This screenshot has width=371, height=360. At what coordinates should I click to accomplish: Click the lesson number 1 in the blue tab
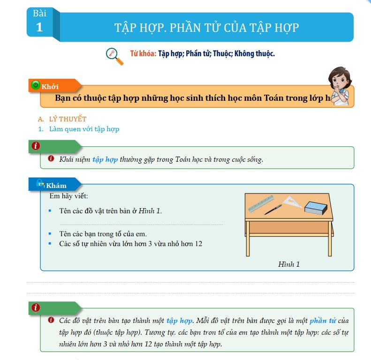point(39,28)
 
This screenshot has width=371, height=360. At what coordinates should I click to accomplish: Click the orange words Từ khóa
point(143,53)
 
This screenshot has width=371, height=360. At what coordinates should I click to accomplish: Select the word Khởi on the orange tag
point(50,87)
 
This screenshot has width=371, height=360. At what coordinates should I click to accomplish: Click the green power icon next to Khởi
point(35,85)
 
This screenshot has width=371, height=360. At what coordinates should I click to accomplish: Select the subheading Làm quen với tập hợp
point(84,129)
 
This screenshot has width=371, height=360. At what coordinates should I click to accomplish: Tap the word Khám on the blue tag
point(56,186)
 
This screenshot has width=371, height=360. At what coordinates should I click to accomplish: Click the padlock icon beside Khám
point(40,183)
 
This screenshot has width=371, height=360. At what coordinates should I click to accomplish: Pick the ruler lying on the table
point(262,202)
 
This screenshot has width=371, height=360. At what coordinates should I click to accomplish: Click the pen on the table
point(273,210)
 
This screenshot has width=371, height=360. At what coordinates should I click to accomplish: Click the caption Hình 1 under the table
point(288,264)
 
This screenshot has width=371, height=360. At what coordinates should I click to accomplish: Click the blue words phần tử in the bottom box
point(323,321)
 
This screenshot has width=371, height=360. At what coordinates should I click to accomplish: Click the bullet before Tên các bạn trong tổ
point(50,233)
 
